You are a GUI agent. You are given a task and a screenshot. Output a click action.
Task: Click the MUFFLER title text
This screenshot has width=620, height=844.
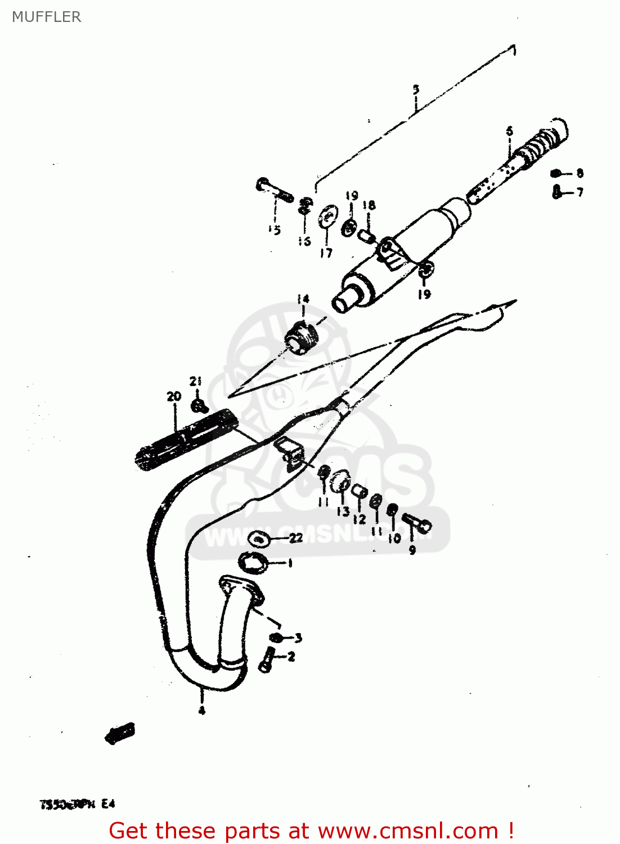(46, 17)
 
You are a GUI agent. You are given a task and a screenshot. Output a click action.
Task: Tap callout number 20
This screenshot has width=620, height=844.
(174, 396)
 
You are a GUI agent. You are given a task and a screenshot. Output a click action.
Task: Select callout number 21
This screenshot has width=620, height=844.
(195, 381)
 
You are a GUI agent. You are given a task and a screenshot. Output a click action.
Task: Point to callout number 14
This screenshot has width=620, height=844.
(303, 299)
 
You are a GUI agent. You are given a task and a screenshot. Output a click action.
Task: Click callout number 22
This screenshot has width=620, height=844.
(296, 538)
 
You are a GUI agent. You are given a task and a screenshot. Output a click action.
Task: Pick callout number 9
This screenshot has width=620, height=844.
(412, 550)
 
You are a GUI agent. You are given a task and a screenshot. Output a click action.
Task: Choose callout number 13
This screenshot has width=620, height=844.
(343, 511)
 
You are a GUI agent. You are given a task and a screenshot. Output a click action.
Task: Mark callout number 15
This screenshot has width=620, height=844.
(275, 230)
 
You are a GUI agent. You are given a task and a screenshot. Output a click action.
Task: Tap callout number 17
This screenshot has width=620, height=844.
(326, 253)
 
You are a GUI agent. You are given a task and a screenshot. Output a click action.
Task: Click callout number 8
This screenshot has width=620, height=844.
(579, 173)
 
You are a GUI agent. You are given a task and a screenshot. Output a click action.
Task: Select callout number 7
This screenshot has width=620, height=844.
(579, 192)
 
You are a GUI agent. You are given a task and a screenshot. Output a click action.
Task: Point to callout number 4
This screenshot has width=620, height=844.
(201, 711)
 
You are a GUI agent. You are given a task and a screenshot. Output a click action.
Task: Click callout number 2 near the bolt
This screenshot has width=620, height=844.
(291, 657)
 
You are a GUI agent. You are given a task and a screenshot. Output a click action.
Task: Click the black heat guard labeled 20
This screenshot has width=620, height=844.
(186, 437)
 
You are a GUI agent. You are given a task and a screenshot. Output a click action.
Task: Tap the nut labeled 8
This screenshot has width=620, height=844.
(555, 173)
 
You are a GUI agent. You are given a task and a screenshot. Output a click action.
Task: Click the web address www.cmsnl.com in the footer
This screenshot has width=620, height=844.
(408, 830)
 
